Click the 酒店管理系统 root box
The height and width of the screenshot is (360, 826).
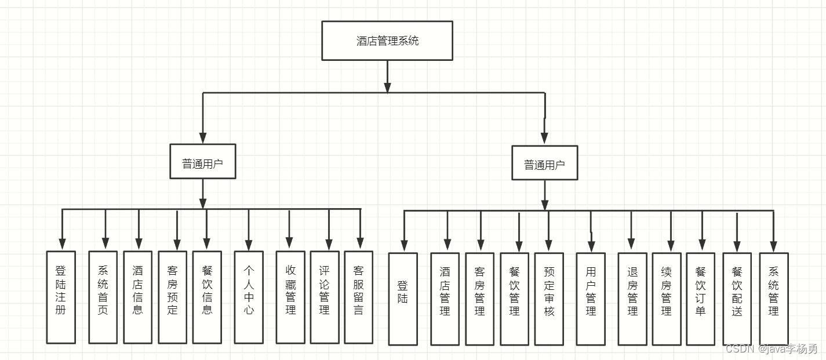(387, 41)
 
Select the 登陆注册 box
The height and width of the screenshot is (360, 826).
(61, 297)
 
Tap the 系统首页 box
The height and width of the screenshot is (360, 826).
(103, 297)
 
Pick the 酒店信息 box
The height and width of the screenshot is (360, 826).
(137, 297)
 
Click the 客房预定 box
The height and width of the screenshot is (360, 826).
(173, 297)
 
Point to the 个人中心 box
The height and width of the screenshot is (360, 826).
(249, 297)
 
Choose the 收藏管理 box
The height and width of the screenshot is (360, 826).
(290, 297)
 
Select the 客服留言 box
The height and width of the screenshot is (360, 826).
(359, 297)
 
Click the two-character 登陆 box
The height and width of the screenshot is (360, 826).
(403, 299)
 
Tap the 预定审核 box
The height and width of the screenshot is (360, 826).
(549, 299)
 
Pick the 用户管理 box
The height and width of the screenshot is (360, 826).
(591, 299)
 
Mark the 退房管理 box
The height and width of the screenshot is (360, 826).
(632, 299)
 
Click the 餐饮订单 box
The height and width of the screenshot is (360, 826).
(701, 299)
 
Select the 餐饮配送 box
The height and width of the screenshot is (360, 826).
(737, 299)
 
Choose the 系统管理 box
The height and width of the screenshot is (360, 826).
(774, 299)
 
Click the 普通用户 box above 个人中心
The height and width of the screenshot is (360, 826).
(203, 162)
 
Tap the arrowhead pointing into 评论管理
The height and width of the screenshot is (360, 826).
(329, 244)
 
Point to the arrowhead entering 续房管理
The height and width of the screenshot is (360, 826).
(671, 246)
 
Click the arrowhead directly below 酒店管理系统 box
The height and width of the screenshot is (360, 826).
(387, 88)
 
